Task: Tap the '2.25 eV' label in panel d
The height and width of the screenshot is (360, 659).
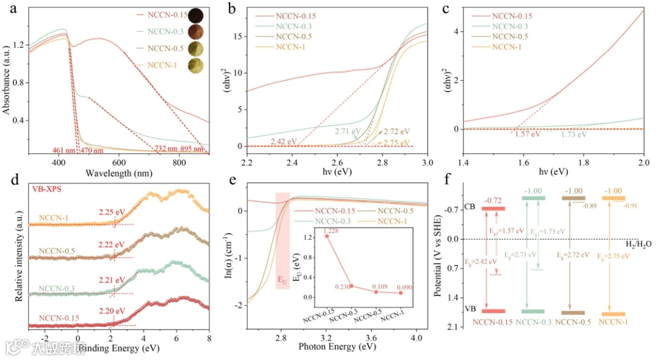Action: pos(112,212)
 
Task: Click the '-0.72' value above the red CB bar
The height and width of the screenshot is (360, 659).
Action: pos(493,199)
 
